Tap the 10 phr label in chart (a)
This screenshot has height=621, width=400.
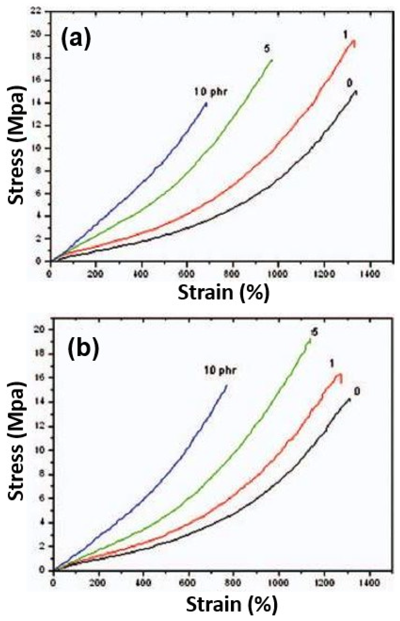click(x=211, y=92)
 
